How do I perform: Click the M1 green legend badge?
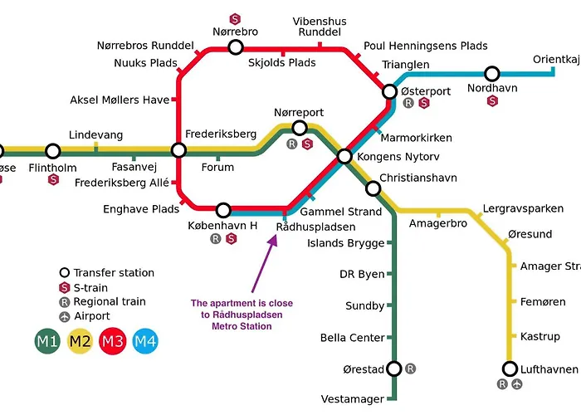pos(46,340)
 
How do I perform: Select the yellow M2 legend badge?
pos(80,340)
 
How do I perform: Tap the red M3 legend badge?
pos(112,340)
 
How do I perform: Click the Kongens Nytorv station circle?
pos(344,156)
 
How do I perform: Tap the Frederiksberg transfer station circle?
pos(178,150)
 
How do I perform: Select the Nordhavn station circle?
pos(492,74)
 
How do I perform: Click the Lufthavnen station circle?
pos(510,368)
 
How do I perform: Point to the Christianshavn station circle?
pos(373,188)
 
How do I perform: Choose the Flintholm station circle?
pos(53,151)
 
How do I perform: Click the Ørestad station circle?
pos(394,369)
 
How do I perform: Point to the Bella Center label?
pos(353,338)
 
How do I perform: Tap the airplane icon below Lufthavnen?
pos(517,384)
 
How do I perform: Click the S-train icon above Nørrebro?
pos(235,17)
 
